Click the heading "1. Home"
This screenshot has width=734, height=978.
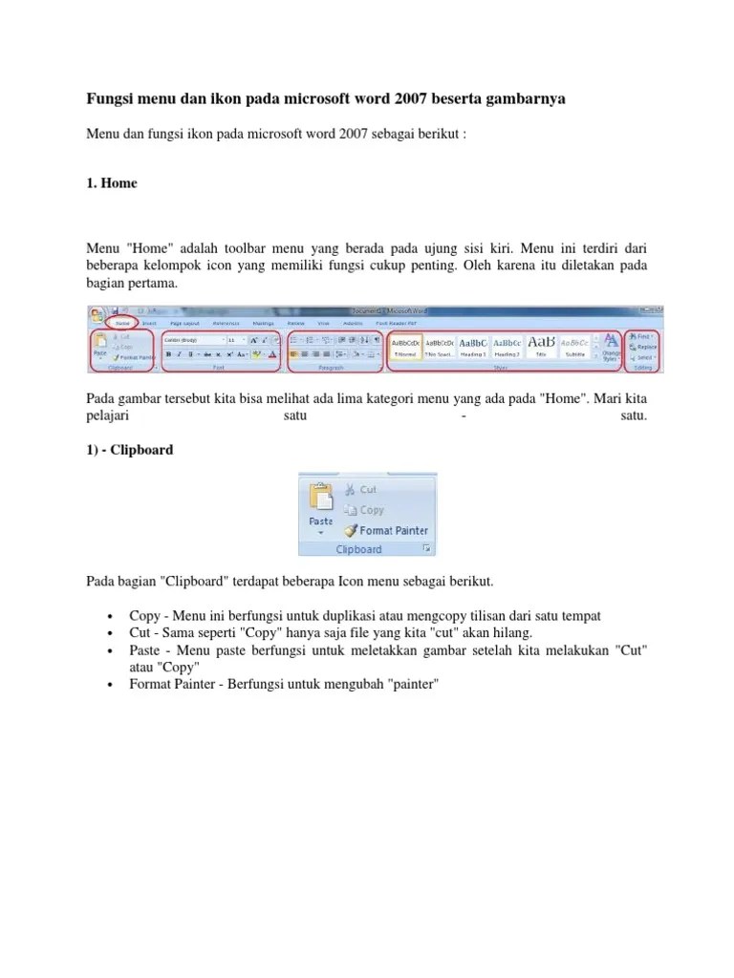[x=112, y=182]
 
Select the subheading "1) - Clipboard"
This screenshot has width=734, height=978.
[x=130, y=449]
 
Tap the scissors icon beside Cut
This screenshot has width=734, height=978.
[x=349, y=489]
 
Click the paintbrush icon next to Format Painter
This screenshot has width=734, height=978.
[x=350, y=530]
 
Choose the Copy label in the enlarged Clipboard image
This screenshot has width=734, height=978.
[x=371, y=510]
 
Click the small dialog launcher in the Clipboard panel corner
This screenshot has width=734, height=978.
[x=427, y=549]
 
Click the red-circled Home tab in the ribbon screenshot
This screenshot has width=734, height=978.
[x=121, y=323]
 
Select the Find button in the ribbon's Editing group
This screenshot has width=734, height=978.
[x=642, y=336]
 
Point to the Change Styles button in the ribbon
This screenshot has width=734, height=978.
[x=610, y=348]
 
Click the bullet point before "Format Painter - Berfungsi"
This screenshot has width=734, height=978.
[x=112, y=686]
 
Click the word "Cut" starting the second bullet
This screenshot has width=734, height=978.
[x=140, y=632]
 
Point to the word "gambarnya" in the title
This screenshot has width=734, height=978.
[x=534, y=99]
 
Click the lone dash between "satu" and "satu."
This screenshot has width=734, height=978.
[x=463, y=416]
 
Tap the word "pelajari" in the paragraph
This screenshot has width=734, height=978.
[x=107, y=416]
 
